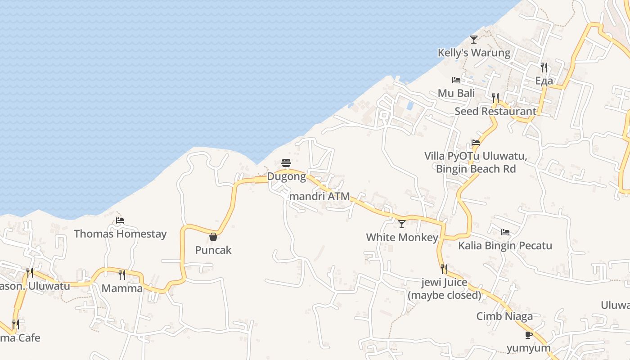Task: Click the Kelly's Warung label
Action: click(474, 53)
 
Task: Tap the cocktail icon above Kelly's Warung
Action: click(474, 40)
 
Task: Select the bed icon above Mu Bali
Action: click(456, 80)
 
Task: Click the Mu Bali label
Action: click(456, 93)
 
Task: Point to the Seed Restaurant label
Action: click(495, 111)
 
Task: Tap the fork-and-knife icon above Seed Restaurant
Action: click(495, 97)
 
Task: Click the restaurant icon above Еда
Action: click(544, 67)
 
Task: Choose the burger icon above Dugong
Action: click(286, 163)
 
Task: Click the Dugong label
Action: click(286, 176)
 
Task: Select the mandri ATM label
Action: click(320, 196)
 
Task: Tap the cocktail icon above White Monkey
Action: click(402, 224)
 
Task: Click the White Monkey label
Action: click(402, 237)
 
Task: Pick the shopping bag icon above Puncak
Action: click(213, 237)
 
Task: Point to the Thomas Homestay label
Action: click(120, 234)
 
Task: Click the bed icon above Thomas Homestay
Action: click(120, 220)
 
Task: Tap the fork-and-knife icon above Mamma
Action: click(122, 274)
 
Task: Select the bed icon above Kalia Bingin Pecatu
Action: click(505, 232)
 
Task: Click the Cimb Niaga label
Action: click(504, 316)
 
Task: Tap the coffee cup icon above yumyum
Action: click(529, 335)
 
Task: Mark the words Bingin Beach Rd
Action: click(476, 169)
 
